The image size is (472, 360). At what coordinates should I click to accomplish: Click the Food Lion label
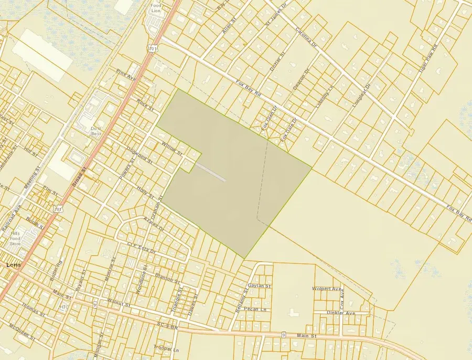(x=155, y=8)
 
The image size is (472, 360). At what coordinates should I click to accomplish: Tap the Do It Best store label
(x=96, y=131)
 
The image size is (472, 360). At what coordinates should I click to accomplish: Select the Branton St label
(x=167, y=277)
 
